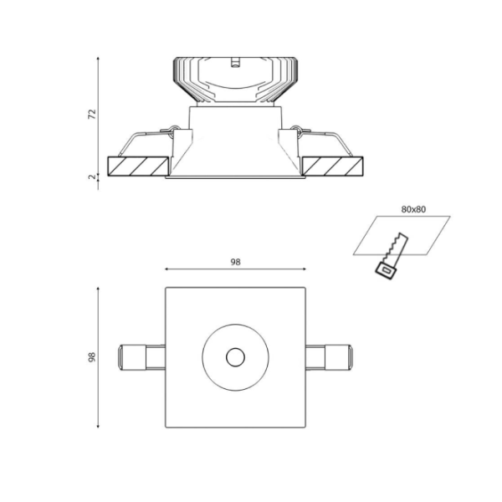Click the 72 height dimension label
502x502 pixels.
click(x=92, y=115)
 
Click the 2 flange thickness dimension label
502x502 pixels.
click(x=92, y=177)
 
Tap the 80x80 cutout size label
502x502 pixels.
click(x=413, y=209)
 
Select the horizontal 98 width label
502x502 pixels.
click(x=235, y=262)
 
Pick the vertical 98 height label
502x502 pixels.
click(x=92, y=357)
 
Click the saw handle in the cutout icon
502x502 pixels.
click(x=386, y=271)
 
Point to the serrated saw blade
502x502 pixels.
click(x=396, y=248)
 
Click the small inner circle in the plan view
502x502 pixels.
click(x=235, y=357)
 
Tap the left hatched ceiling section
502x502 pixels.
click(x=138, y=166)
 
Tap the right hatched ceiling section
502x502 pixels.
click(x=332, y=166)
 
